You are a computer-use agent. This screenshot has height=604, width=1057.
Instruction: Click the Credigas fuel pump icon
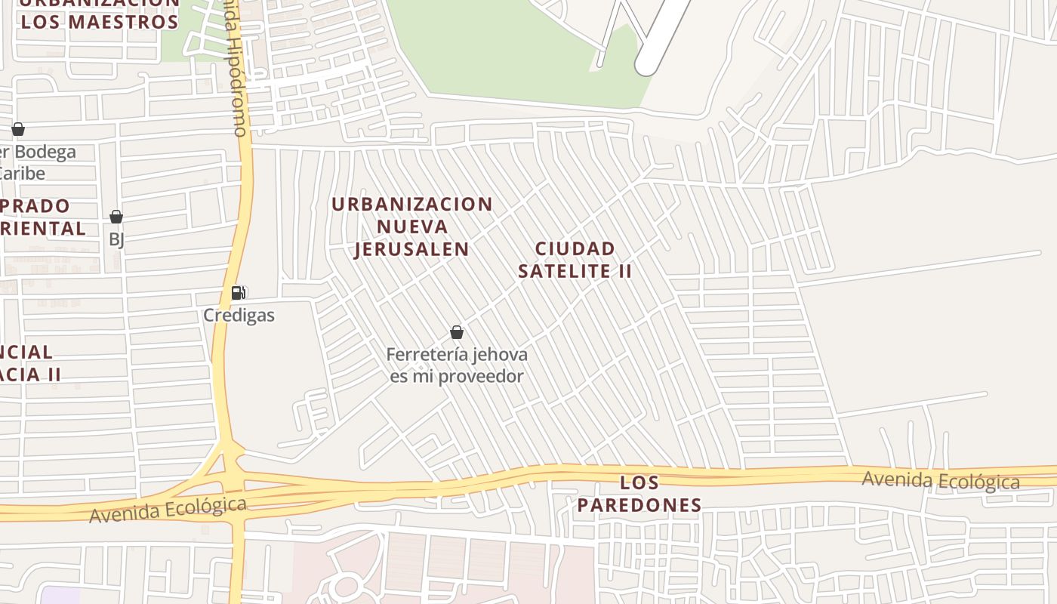238,293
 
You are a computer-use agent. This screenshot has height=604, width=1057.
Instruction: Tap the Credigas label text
239,315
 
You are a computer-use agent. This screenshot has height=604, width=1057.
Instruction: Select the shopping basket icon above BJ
116,217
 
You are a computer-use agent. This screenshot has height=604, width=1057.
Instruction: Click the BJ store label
116,239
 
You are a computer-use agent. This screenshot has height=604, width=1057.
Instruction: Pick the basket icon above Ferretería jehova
457,332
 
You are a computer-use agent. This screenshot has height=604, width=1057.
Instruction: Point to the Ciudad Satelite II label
575,260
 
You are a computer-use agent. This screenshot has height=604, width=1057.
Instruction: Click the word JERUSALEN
412,248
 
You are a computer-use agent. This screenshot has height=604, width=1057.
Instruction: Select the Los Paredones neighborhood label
639,494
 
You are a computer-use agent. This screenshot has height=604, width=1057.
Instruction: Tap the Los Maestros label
100,21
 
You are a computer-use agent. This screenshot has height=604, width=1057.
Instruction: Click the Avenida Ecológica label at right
940,480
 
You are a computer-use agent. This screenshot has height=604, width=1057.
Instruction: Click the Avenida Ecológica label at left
168,510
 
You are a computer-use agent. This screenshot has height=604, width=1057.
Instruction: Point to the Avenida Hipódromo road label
237,72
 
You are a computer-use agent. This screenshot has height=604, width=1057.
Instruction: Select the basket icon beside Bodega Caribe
18,129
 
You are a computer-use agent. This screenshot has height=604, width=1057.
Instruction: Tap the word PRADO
36,205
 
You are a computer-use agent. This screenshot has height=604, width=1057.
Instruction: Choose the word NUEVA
412,226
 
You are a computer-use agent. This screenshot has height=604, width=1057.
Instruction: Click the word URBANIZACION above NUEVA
412,204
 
